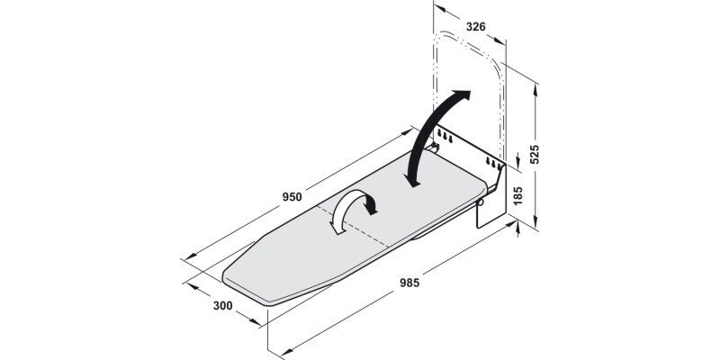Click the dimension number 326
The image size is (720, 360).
(476, 27)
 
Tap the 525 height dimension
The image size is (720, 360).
(534, 155)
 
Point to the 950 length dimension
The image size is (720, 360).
(291, 197)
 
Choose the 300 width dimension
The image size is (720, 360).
(223, 305)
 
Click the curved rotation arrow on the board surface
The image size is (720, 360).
(353, 211)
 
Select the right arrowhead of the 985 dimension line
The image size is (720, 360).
(519, 229)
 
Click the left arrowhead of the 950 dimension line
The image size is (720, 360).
(184, 258)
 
